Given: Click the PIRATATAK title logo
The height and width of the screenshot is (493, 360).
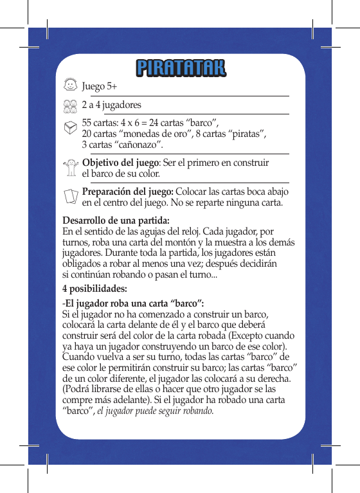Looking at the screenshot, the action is (181, 67).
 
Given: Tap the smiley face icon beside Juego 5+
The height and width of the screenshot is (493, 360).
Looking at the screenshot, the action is (71, 85).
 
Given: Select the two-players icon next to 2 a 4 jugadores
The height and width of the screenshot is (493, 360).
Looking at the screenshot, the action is (71, 105).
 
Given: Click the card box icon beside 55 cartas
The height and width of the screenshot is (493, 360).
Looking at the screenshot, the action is (71, 128).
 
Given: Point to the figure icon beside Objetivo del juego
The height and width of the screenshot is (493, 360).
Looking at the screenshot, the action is (71, 168).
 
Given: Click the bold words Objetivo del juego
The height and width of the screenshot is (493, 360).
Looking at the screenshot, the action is (120, 163).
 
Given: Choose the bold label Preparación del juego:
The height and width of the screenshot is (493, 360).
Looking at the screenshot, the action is (127, 192).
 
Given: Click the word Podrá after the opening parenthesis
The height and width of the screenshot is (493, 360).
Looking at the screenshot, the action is (78, 390).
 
